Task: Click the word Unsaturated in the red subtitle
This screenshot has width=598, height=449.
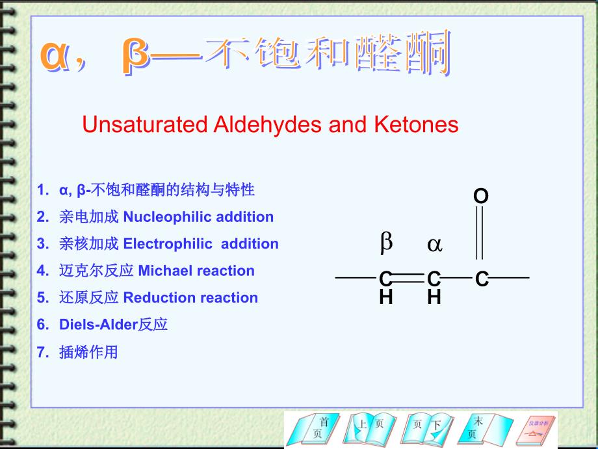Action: click(144, 124)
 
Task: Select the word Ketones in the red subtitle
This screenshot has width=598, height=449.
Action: click(416, 124)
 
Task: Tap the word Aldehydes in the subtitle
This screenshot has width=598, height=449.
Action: click(268, 125)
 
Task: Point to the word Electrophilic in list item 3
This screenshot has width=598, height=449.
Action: click(168, 244)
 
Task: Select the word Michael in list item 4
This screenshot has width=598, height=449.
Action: click(164, 271)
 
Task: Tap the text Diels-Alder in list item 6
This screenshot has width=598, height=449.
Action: click(98, 325)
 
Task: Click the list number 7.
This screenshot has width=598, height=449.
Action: click(43, 352)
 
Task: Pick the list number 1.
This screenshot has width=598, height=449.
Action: click(43, 190)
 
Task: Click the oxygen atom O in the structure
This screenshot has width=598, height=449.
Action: click(480, 196)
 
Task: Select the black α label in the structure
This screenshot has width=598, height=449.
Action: click(435, 245)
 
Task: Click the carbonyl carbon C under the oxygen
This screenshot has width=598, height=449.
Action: click(482, 279)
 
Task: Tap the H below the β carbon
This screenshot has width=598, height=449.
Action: click(386, 297)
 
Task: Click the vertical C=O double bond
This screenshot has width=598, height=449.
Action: click(480, 232)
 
